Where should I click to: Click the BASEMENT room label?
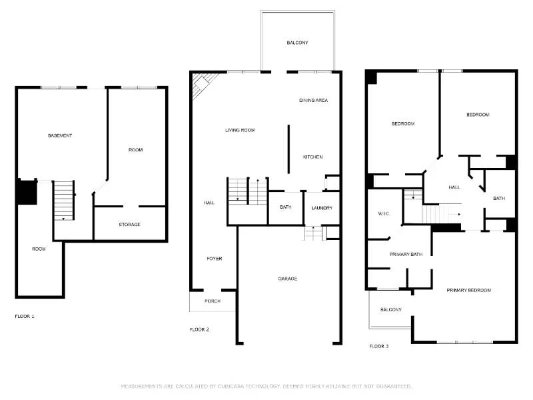[x=60, y=135]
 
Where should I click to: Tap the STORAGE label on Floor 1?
[x=129, y=225]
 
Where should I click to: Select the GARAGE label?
[x=288, y=279]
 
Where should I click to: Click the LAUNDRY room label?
[x=322, y=208]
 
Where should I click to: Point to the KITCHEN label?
[x=312, y=157]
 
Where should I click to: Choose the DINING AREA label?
[x=313, y=100]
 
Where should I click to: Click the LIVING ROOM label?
[x=240, y=130]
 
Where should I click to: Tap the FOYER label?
[x=214, y=258]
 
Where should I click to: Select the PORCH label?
[x=213, y=301]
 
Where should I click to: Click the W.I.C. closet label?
[x=383, y=213]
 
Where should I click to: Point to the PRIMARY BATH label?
[x=406, y=254]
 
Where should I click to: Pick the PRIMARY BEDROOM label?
[x=468, y=290]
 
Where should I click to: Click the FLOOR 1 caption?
[x=25, y=315]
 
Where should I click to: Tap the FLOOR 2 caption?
[x=199, y=329]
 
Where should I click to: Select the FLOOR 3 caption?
[x=379, y=346]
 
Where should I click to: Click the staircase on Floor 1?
[x=63, y=200]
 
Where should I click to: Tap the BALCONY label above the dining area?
[x=297, y=43]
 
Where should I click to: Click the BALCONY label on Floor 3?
[x=390, y=309]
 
